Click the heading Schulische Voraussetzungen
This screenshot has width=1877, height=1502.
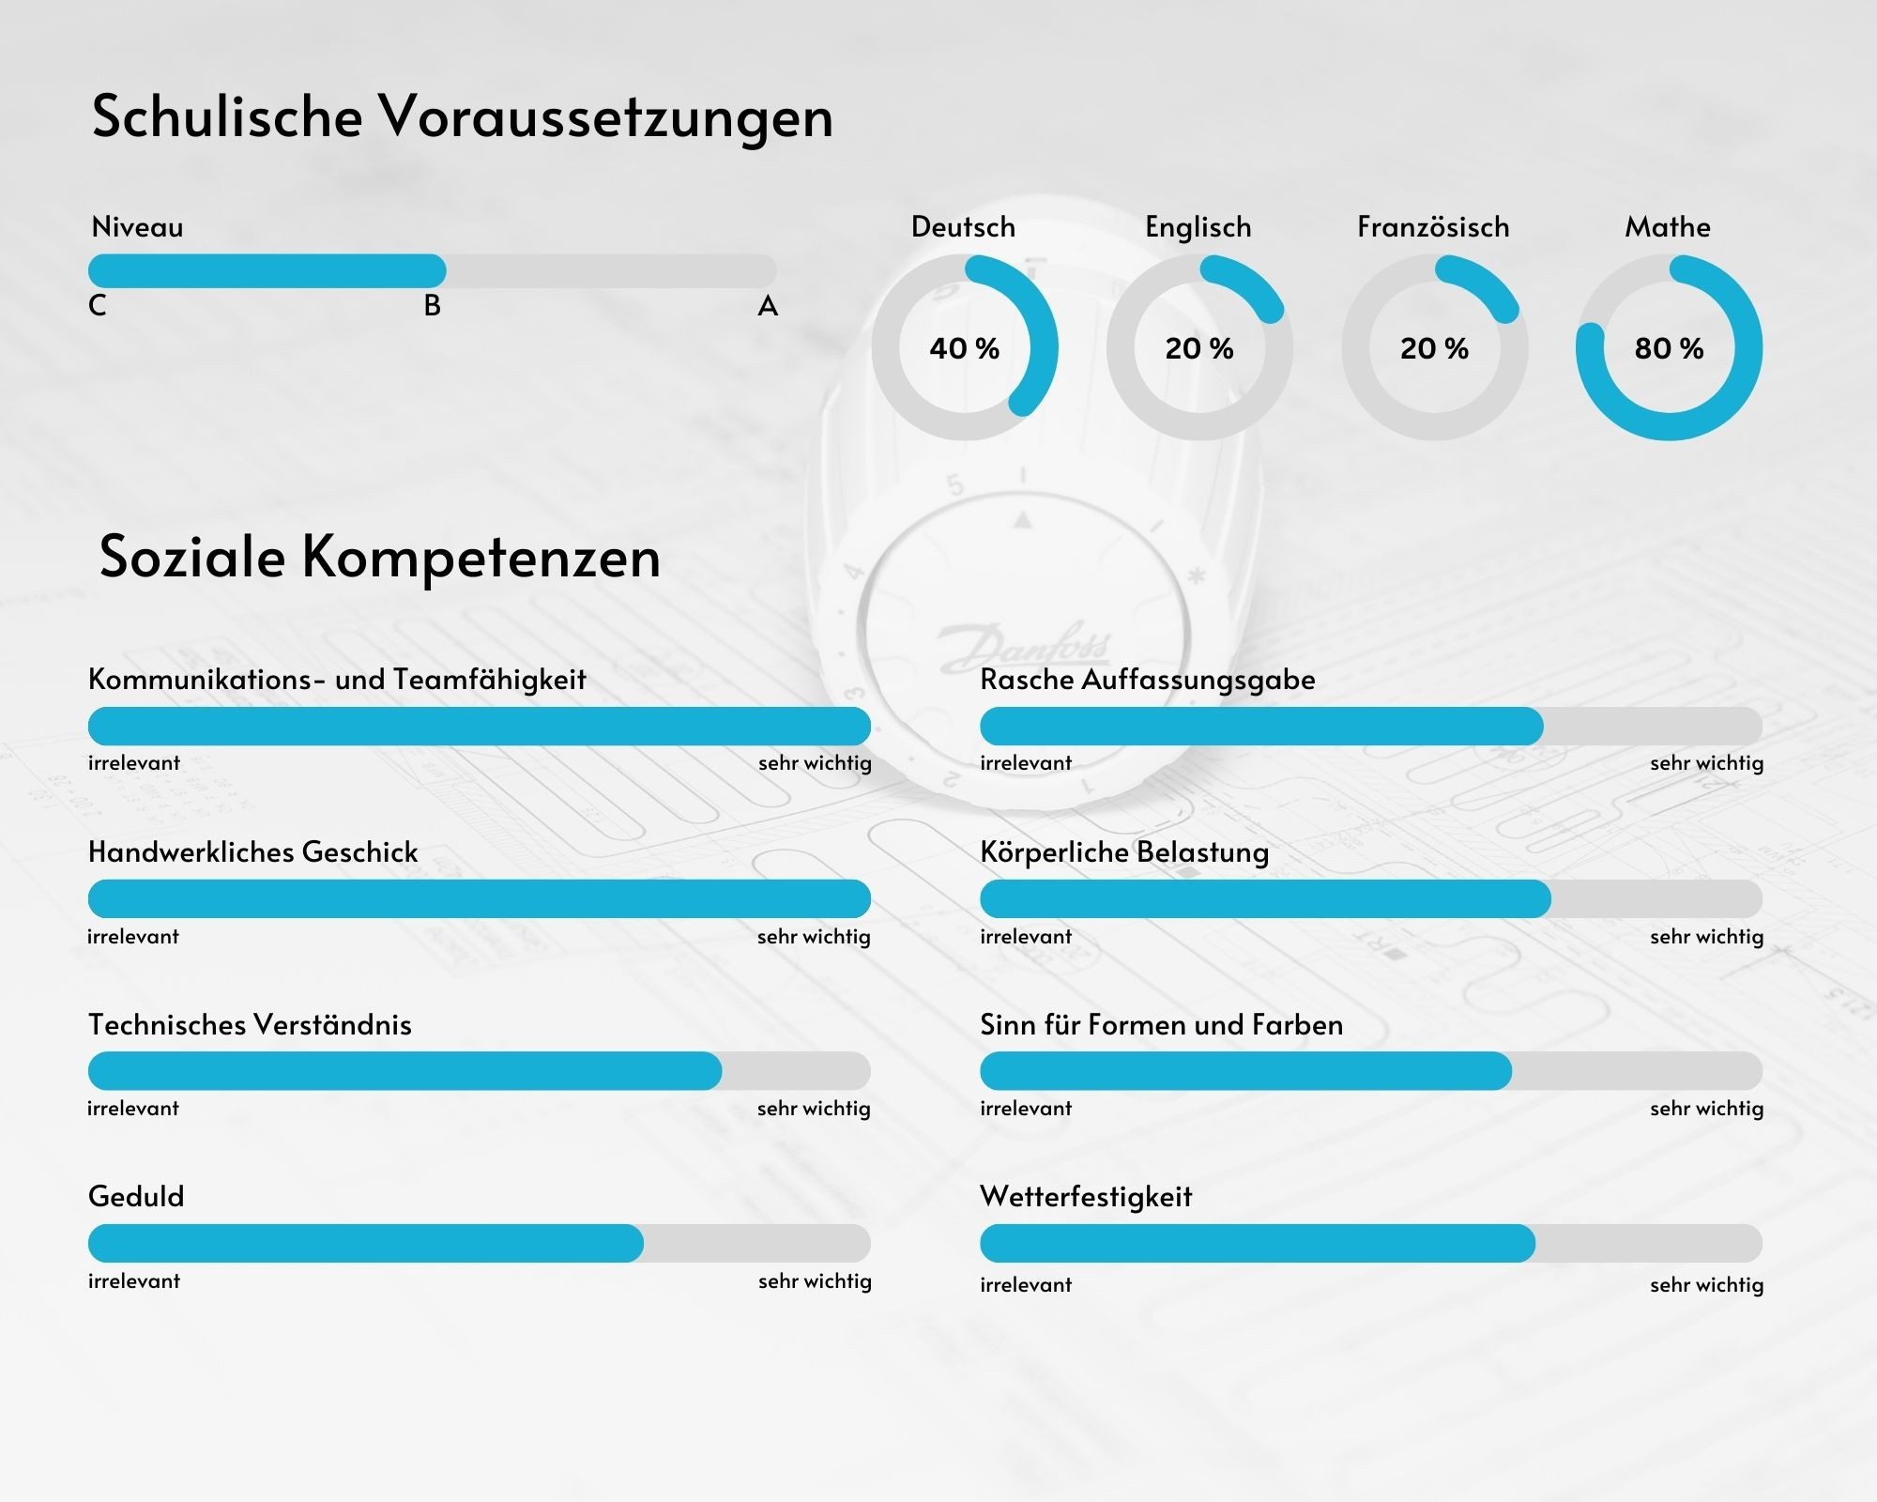(462, 117)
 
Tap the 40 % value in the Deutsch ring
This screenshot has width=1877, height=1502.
(964, 348)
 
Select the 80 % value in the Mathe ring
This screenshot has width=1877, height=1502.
(1669, 348)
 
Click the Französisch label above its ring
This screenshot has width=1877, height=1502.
(1433, 227)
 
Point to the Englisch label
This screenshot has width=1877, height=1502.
(1198, 227)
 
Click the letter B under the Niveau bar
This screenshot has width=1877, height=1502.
(432, 306)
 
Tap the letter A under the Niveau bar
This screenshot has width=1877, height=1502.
(768, 306)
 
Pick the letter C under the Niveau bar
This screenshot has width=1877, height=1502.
(98, 306)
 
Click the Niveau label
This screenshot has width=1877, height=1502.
(137, 227)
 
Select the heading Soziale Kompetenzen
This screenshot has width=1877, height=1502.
(380, 557)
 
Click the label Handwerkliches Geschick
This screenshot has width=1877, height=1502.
(252, 852)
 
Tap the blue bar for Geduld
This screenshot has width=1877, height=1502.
(366, 1243)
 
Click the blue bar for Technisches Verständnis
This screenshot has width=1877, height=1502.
(404, 1071)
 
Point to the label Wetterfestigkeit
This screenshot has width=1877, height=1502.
(1086, 1197)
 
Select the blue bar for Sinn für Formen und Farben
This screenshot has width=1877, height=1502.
(1245, 1071)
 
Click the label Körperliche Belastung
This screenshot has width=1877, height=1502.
(1124, 852)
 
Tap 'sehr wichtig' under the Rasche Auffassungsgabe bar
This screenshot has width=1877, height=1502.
(1706, 763)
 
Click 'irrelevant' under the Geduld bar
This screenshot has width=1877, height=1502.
(134, 1281)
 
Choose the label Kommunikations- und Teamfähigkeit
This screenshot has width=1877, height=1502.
(337, 680)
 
